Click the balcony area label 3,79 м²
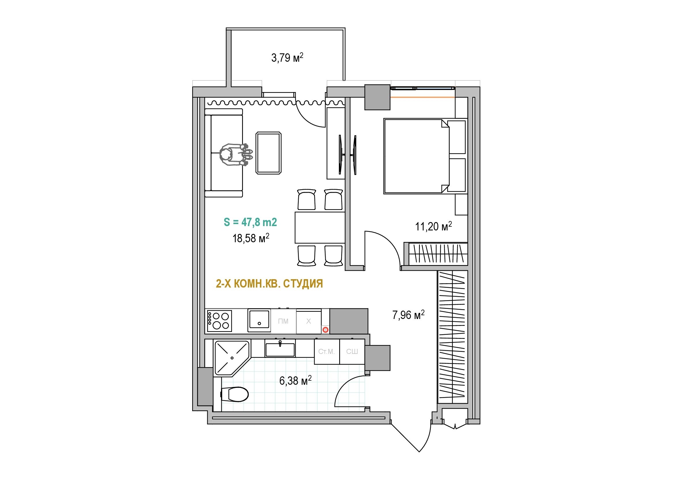pyautogui.click(x=287, y=58)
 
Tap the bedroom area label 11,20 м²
pyautogui.click(x=433, y=226)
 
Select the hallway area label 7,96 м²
pyautogui.click(x=408, y=315)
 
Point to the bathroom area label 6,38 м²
pyautogui.click(x=295, y=381)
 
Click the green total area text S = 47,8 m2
pyautogui.click(x=250, y=222)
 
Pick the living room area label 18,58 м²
pyautogui.click(x=251, y=238)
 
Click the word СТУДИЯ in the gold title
pyautogui.click(x=303, y=284)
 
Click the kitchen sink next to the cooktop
pyautogui.click(x=259, y=320)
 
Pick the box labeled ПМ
pyautogui.click(x=283, y=321)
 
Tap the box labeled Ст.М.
pyautogui.click(x=327, y=352)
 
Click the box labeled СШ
pyautogui.click(x=352, y=352)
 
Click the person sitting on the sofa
pyautogui.click(x=235, y=155)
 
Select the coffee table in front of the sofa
pyautogui.click(x=269, y=153)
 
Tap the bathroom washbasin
pyautogui.click(x=280, y=349)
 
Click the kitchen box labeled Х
pyautogui.click(x=309, y=321)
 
